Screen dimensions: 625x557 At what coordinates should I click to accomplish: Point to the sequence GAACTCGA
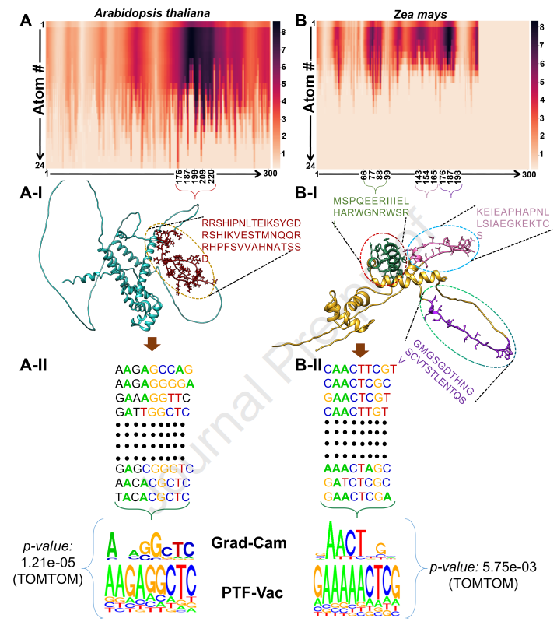point(357,497)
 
